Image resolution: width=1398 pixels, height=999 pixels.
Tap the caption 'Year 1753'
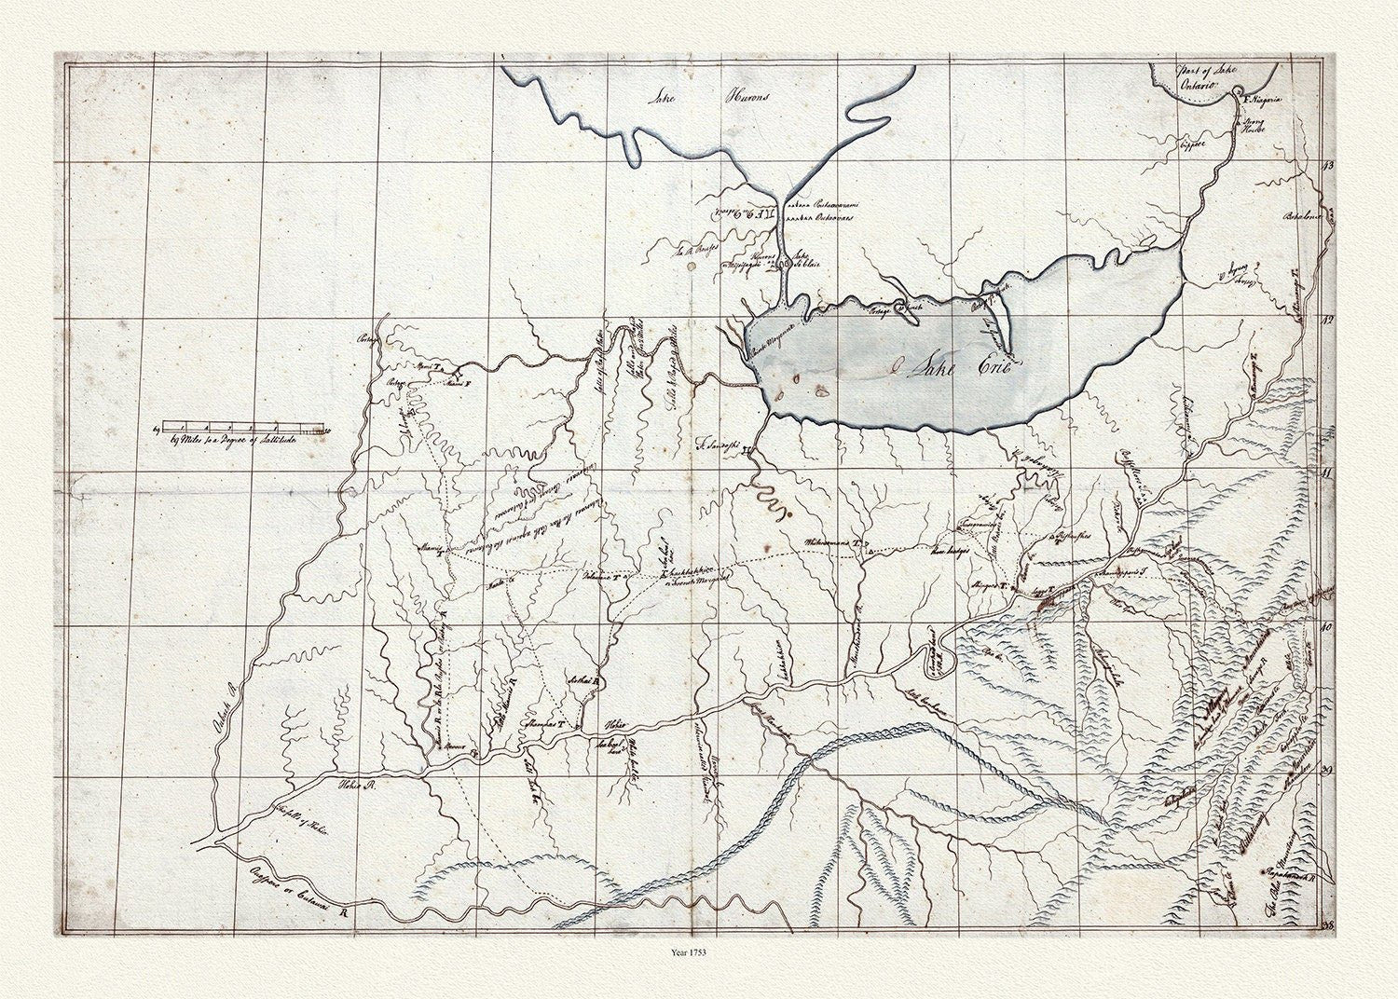(x=698, y=953)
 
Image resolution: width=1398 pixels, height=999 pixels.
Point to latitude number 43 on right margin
(x=1327, y=165)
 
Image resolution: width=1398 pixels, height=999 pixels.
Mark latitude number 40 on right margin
(x=1327, y=627)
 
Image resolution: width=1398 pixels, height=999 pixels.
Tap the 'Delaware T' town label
(x=605, y=576)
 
